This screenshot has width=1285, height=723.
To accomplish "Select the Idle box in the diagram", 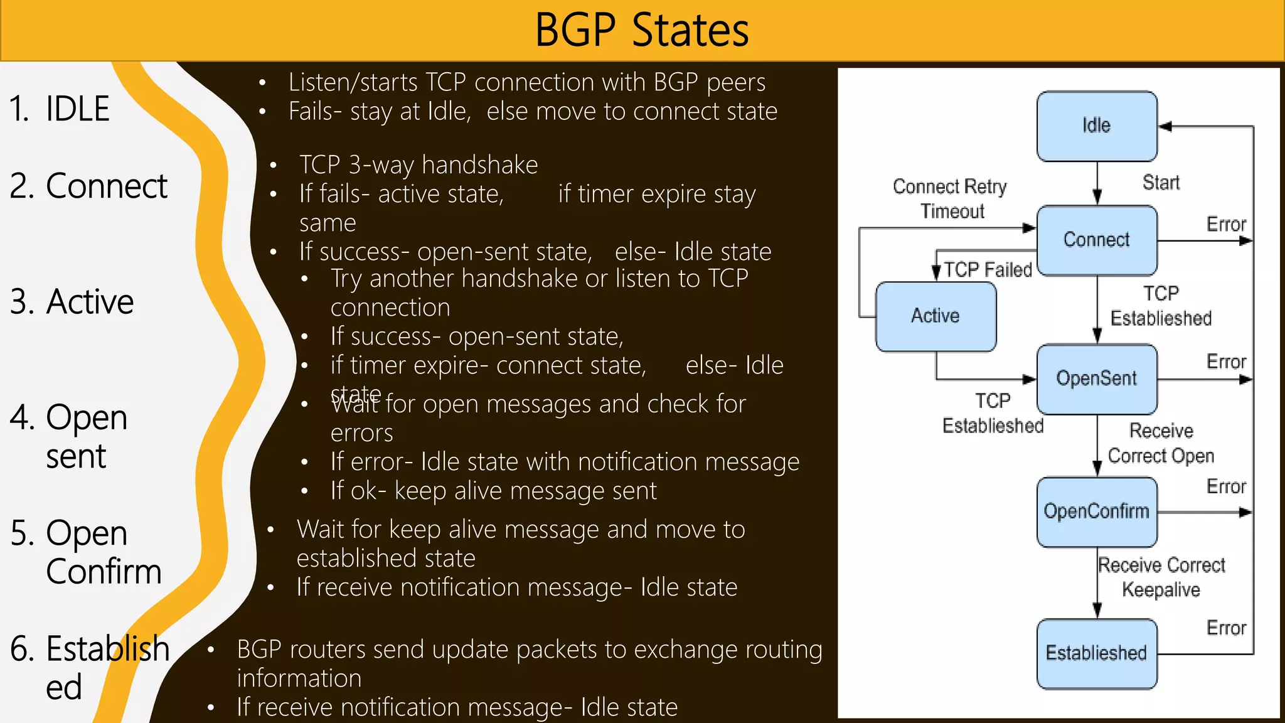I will pyautogui.click(x=1097, y=126).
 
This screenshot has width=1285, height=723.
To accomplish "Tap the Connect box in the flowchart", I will pyautogui.click(x=1097, y=240).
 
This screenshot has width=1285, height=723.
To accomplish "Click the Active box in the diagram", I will pyautogui.click(x=936, y=316).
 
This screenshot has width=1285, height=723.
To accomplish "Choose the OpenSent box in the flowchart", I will pyautogui.click(x=1097, y=378).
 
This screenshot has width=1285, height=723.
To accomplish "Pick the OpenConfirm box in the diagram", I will pyautogui.click(x=1097, y=511).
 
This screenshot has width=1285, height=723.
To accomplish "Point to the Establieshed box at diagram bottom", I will pyautogui.click(x=1097, y=653).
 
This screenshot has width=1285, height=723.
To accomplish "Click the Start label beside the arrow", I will pyautogui.click(x=1161, y=183).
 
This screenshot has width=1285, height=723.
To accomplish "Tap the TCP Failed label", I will pyautogui.click(x=988, y=270).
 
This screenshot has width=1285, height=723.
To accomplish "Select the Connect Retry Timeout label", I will pyautogui.click(x=951, y=199).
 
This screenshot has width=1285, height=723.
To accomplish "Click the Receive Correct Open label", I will pyautogui.click(x=1161, y=443).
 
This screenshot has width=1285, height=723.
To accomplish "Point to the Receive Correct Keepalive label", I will pyautogui.click(x=1161, y=577).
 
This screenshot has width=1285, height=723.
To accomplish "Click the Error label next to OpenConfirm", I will pyautogui.click(x=1226, y=486).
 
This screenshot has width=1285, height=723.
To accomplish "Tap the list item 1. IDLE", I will pyautogui.click(x=60, y=109).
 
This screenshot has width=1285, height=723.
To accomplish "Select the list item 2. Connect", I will pyautogui.click(x=88, y=186).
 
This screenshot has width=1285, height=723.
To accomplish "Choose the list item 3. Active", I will pyautogui.click(x=72, y=302).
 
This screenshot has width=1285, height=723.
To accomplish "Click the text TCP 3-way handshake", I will pyautogui.click(x=419, y=165).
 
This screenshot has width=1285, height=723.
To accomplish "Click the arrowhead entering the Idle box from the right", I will pyautogui.click(x=1165, y=126).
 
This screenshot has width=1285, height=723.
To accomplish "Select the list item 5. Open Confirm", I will pyautogui.click(x=87, y=552).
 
